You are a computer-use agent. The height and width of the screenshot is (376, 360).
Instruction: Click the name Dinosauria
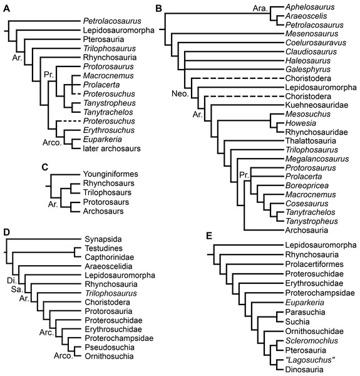point(306,369)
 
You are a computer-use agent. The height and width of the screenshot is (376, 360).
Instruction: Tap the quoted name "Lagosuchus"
point(309,360)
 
